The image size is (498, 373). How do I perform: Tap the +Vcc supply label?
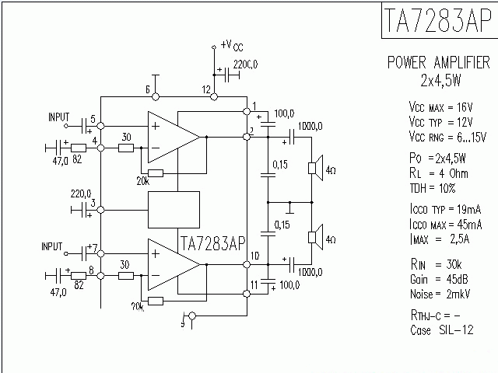tap(231, 45)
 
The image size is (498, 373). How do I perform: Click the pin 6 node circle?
tap(156, 97)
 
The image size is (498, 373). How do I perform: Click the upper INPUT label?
tap(59, 117)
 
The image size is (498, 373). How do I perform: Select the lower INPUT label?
tap(56, 246)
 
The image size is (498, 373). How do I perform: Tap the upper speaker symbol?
tap(315, 168)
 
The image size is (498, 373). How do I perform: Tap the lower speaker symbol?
tap(315, 236)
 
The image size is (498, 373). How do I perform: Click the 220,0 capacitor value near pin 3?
tap(81, 193)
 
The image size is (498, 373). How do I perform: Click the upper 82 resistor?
tap(79, 148)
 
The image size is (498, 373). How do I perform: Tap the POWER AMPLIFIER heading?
tap(439, 62)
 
